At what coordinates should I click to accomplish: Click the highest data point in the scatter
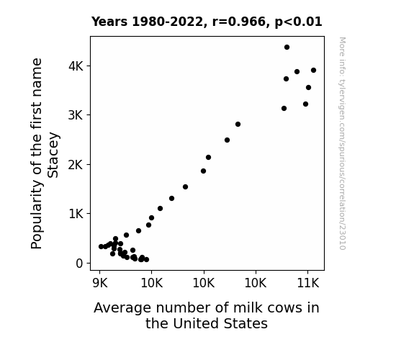point(287,48)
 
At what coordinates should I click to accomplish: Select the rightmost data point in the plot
point(313,71)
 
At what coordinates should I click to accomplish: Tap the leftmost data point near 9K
point(101,246)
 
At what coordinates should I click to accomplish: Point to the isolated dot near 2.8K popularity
point(238,124)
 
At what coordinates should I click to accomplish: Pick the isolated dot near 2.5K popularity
point(227,140)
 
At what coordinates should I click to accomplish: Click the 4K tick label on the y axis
point(76,66)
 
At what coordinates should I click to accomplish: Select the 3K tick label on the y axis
point(76,115)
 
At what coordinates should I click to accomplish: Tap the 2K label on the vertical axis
point(76,165)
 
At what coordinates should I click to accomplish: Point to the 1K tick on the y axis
point(76,214)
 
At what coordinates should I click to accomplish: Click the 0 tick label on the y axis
point(79,264)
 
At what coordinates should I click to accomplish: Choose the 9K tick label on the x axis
point(100,284)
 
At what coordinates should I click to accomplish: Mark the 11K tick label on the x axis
point(308,284)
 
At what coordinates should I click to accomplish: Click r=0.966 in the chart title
point(239,22)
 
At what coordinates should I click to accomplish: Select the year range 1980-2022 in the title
point(167,22)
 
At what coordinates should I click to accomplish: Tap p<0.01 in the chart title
point(298,22)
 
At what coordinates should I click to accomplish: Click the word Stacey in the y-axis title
point(53,155)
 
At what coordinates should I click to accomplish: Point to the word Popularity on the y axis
point(37,215)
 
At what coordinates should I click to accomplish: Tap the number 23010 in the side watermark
point(342,237)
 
